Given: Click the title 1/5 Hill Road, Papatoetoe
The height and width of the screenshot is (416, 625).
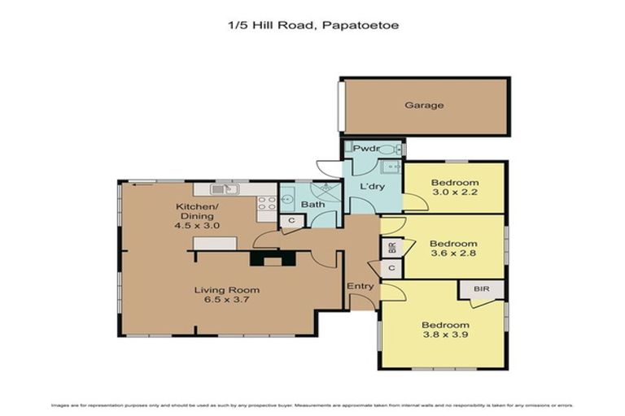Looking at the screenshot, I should point(312,25).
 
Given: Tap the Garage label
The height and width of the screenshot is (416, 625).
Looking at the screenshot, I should point(424,106).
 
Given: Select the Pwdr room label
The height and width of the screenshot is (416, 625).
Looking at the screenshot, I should point(361,149).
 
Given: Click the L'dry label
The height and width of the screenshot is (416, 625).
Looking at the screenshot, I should point(372,188).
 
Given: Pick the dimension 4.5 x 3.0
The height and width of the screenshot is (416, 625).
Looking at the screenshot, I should point(196,225).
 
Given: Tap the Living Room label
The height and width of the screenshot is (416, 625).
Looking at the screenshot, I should point(226,290).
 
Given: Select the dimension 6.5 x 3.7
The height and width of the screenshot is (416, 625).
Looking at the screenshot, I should point(226,300).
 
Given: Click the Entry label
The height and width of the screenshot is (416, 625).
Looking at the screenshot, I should point(360,286).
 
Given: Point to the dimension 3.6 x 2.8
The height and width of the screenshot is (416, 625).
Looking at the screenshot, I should point(453,253).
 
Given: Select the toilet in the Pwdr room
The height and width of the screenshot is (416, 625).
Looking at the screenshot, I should point(390,149).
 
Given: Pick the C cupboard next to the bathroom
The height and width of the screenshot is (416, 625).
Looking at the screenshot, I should point(290,220).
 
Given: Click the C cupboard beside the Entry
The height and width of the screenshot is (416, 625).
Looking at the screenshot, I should point(391,268).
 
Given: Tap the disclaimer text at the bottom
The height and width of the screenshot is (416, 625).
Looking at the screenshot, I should point(312,405).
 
